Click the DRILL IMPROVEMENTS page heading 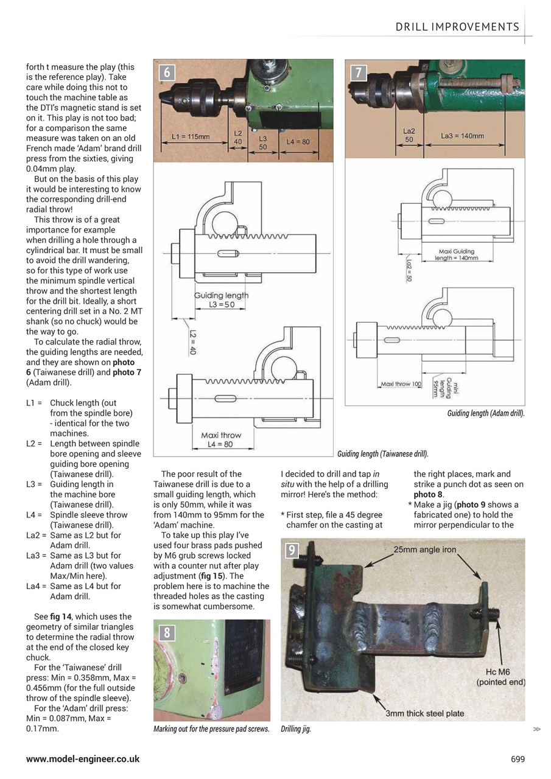coord(457,27)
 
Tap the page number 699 coord(518,759)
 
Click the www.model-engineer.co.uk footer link coord(83,759)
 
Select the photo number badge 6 coord(167,73)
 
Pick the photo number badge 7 coord(359,73)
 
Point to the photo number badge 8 coord(167,633)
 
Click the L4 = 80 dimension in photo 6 coord(298,142)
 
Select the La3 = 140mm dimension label coord(463,136)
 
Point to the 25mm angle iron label coord(424,550)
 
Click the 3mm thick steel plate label coord(424,713)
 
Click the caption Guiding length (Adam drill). coord(485,414)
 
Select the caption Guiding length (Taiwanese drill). coord(382,453)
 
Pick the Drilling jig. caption coord(295,729)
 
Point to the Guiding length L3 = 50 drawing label coord(221,299)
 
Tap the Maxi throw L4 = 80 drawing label coord(220,439)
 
